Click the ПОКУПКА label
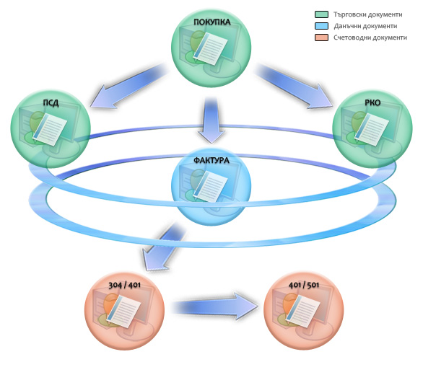point(212,22)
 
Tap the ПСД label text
point(51,103)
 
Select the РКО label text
point(372,102)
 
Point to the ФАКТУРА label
point(211,160)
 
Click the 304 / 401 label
point(125,286)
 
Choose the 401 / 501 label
point(304,285)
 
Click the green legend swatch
point(321,14)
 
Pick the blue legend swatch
point(321,26)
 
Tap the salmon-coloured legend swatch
point(321,37)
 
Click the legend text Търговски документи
point(367,14)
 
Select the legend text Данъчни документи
point(365,26)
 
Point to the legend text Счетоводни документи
point(370,37)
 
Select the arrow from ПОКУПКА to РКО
point(294,87)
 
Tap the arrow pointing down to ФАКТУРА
point(211,120)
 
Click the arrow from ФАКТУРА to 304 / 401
point(163,247)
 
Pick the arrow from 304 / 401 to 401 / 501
point(215,306)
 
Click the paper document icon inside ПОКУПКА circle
point(211,48)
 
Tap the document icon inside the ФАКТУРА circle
point(211,186)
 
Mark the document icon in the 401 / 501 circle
point(302,311)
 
